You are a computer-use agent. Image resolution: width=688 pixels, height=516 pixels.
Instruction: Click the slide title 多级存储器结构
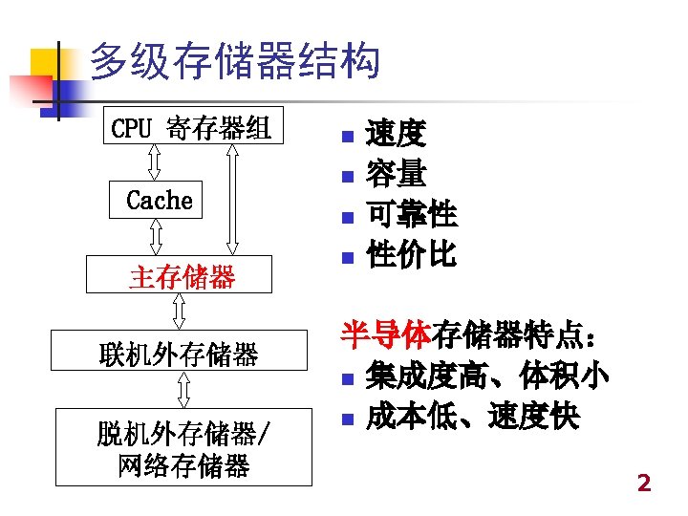pyautogui.click(x=234, y=63)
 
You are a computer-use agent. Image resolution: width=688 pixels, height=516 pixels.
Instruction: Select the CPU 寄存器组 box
pyautogui.click(x=192, y=126)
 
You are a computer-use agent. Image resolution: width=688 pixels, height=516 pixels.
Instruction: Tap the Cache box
pyautogui.click(x=159, y=200)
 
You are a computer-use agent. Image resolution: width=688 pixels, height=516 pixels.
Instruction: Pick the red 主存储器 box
pyautogui.click(x=181, y=276)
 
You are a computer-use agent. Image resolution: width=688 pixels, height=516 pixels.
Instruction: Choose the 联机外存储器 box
pyautogui.click(x=179, y=355)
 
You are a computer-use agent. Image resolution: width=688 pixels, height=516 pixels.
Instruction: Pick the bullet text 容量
pyautogui.click(x=396, y=175)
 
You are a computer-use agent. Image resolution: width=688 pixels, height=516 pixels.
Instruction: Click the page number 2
pyautogui.click(x=643, y=484)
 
